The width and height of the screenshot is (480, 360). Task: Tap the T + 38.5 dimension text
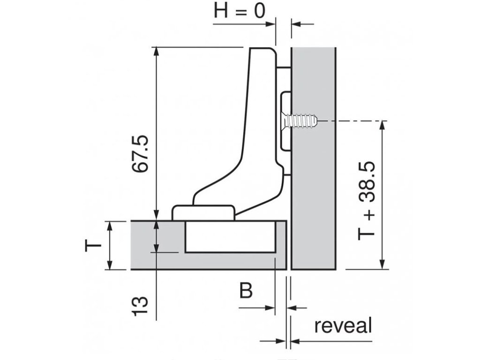click(x=367, y=202)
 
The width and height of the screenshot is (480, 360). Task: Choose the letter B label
click(x=246, y=291)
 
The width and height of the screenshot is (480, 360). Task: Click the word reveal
click(x=343, y=325)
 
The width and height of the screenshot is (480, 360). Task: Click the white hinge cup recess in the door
click(x=230, y=236)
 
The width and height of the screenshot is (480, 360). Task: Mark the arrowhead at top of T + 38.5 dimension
click(x=383, y=125)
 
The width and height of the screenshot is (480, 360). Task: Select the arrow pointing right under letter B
click(x=269, y=308)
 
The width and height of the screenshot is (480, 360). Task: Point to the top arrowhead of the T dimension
click(x=110, y=225)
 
